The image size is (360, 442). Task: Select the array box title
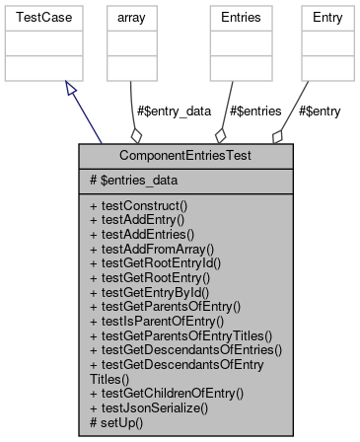[x=131, y=17]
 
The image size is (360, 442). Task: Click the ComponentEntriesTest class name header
[x=185, y=156]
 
